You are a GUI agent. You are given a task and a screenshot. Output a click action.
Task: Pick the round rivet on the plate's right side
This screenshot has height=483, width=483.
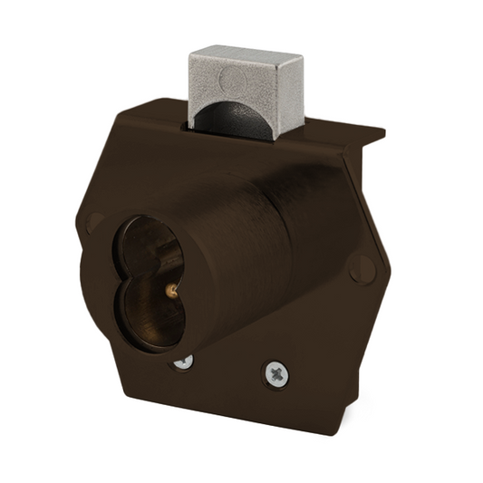(361, 269)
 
